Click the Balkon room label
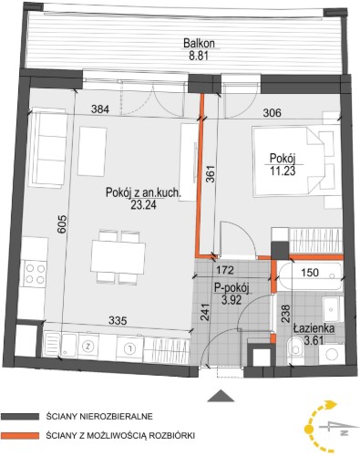pyautogui.click(x=199, y=43)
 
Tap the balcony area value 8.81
pyautogui.click(x=200, y=57)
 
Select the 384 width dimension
pyautogui.click(x=100, y=109)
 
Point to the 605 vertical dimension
pyautogui.click(x=62, y=224)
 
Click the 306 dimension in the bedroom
pyautogui.click(x=272, y=113)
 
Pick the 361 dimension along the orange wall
pyautogui.click(x=211, y=174)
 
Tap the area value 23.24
pyautogui.click(x=143, y=205)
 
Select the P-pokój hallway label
pyautogui.click(x=231, y=288)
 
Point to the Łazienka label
pyautogui.click(x=314, y=328)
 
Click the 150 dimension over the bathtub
pyautogui.click(x=310, y=273)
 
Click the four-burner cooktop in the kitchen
pyautogui.click(x=36, y=274)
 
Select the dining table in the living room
pyautogui.click(x=118, y=257)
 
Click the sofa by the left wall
pyautogui.click(x=47, y=148)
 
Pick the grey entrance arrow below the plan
pyautogui.click(x=221, y=396)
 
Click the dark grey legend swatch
pyautogui.click(x=20, y=417)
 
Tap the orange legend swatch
pyautogui.click(x=20, y=436)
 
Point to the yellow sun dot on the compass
pyautogui.click(x=309, y=429)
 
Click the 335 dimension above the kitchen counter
pyautogui.click(x=118, y=321)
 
